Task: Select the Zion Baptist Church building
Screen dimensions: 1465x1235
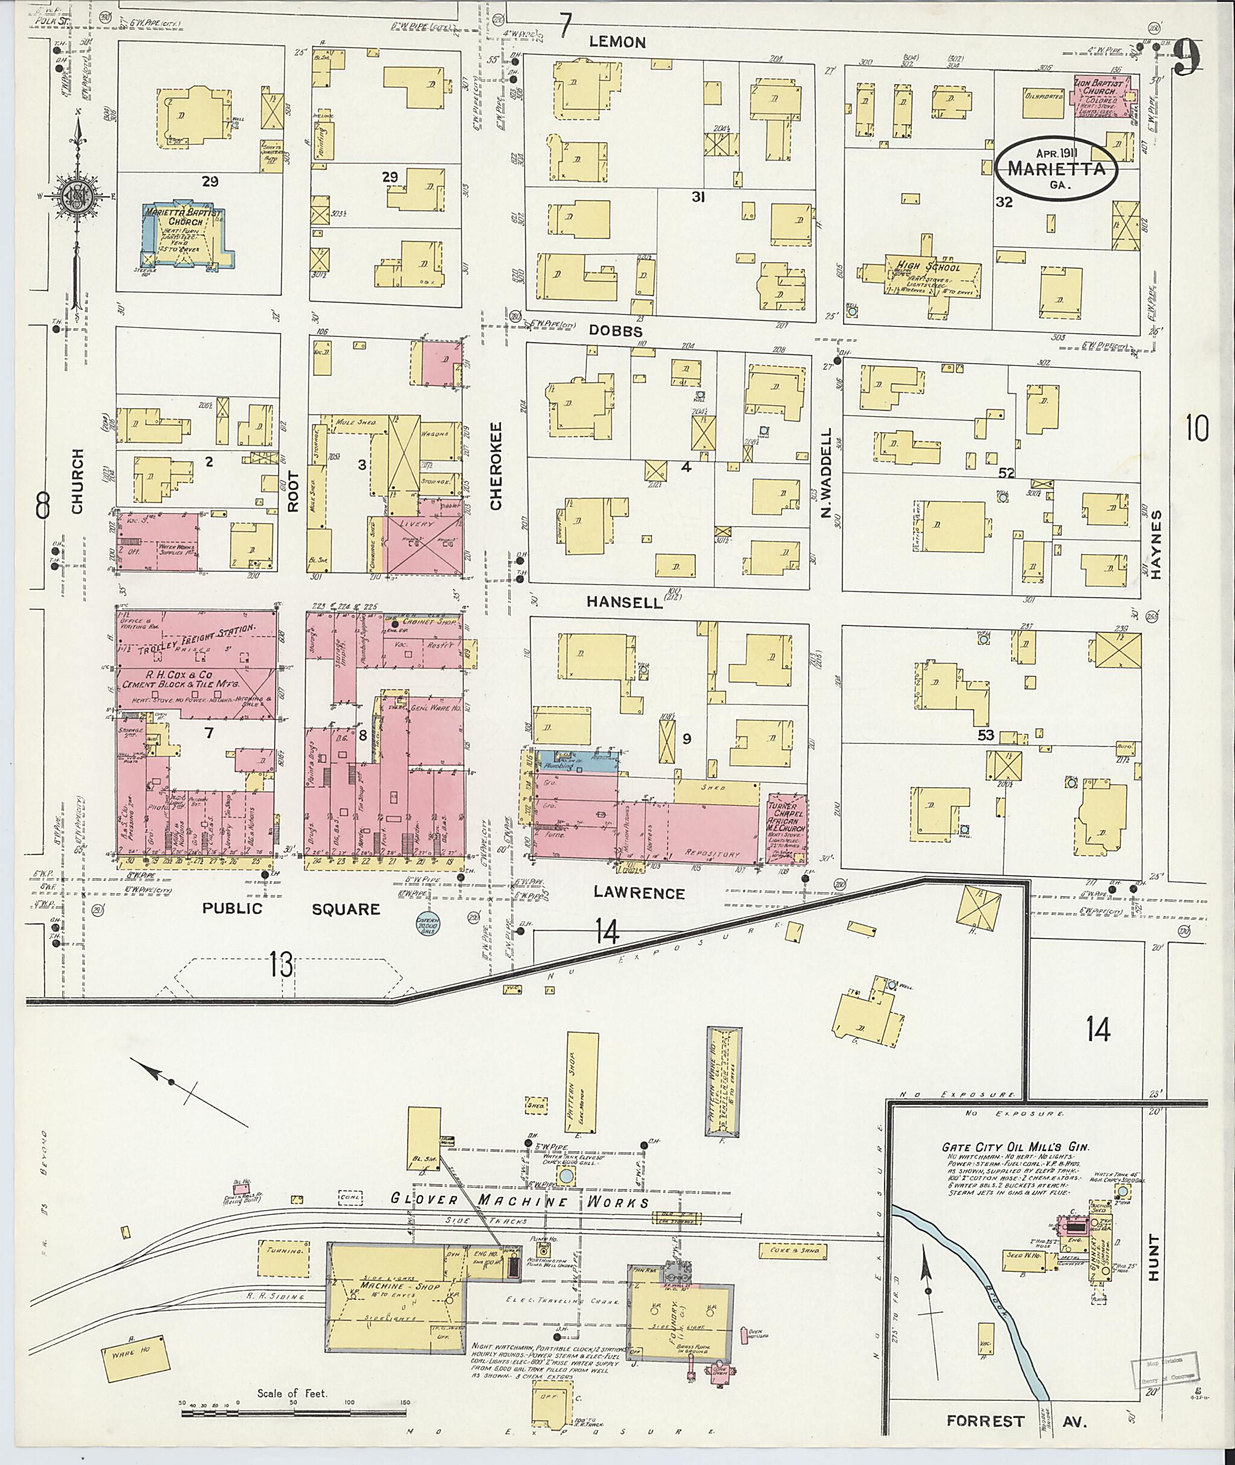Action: click(x=1105, y=96)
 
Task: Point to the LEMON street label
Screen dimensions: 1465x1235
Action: click(x=617, y=42)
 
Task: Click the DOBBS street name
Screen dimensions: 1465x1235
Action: click(x=616, y=332)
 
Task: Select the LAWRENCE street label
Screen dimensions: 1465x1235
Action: click(x=639, y=892)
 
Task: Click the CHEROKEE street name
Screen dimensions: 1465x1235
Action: click(x=496, y=465)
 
